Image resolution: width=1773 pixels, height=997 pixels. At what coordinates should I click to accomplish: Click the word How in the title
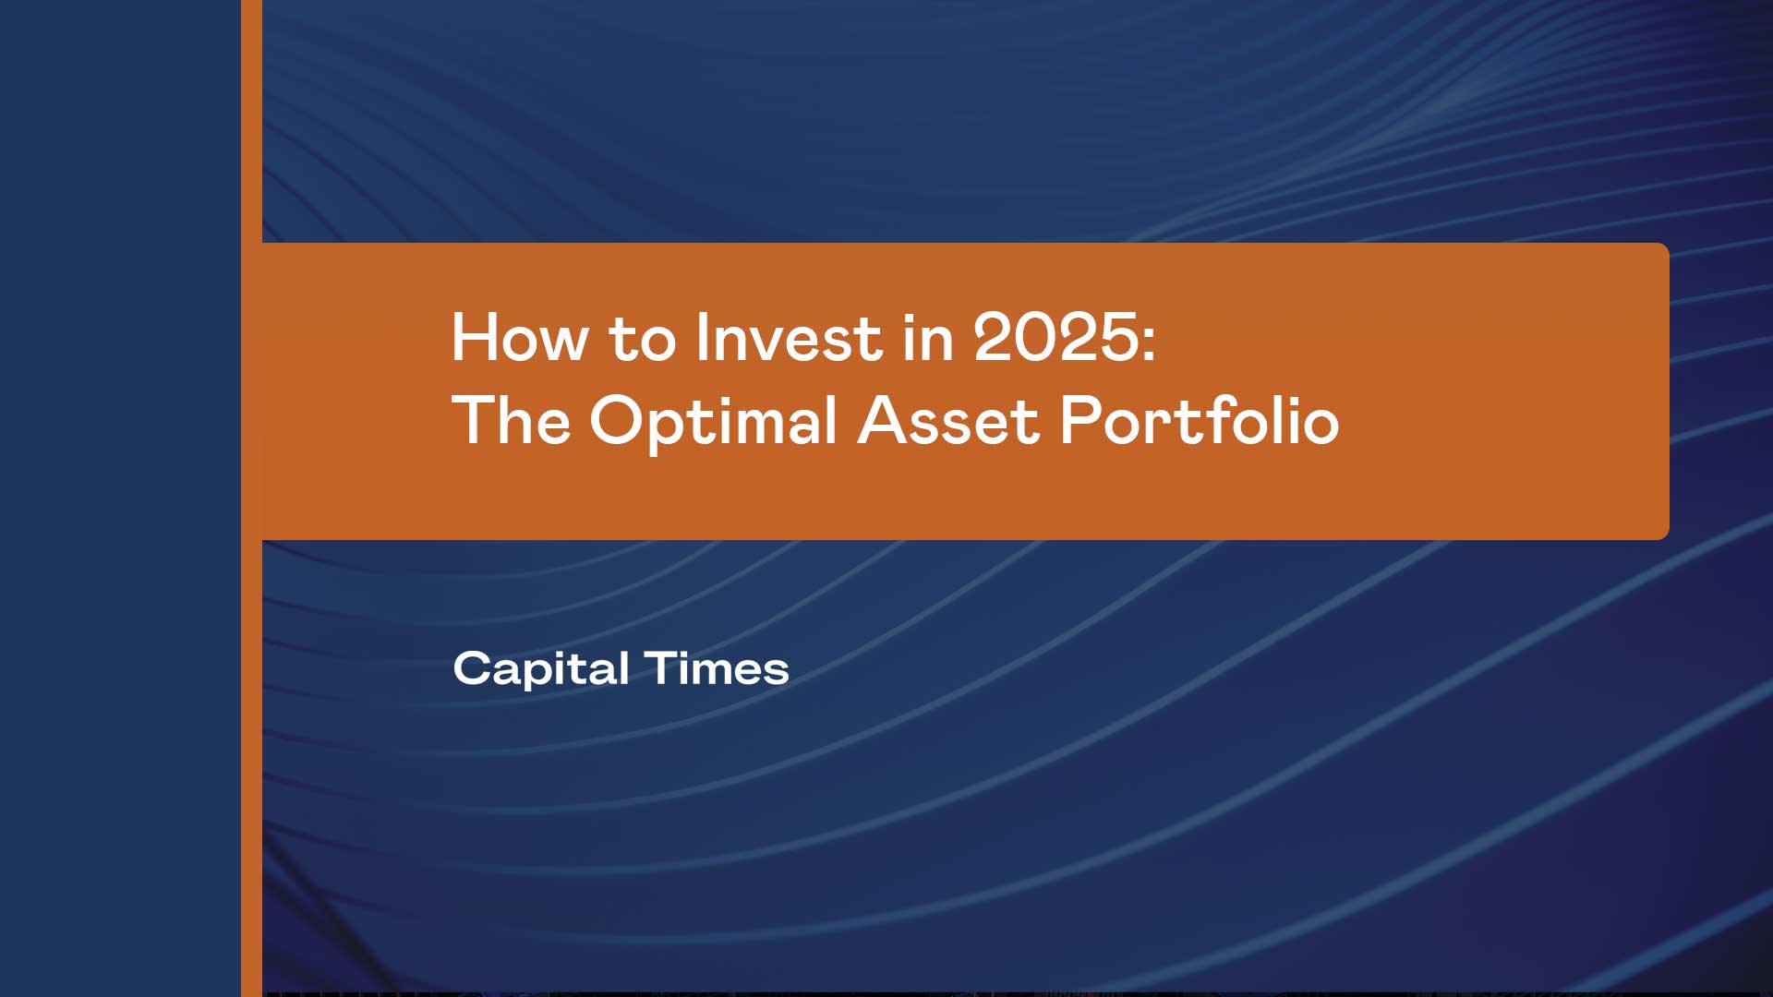(519, 338)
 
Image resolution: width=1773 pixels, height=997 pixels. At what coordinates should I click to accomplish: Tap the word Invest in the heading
(789, 338)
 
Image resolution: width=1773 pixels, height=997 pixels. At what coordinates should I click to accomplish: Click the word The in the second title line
(511, 421)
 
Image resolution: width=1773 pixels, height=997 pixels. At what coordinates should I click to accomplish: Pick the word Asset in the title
(948, 421)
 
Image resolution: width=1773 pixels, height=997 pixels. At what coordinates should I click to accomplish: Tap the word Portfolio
(1199, 421)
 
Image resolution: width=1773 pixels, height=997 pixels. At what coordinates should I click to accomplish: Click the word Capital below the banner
(541, 669)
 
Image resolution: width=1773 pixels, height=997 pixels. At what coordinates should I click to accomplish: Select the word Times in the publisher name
(717, 668)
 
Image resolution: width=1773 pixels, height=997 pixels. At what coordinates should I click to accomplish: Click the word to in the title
(642, 340)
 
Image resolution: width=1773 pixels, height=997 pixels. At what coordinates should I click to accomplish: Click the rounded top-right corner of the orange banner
(1663, 249)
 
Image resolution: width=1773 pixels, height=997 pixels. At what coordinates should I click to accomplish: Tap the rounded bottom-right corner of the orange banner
(1663, 534)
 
